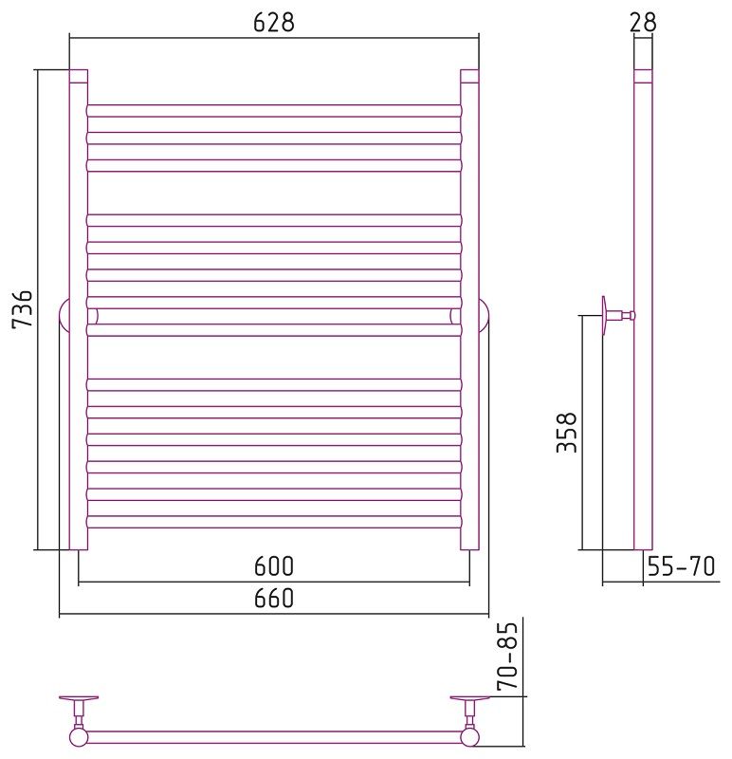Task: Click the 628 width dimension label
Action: pyautogui.click(x=274, y=22)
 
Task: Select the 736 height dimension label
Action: pyautogui.click(x=22, y=309)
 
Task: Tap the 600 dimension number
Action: pyautogui.click(x=274, y=565)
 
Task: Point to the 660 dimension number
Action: pyautogui.click(x=274, y=599)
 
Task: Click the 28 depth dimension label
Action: pyautogui.click(x=643, y=22)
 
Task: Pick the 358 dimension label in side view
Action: pyautogui.click(x=567, y=433)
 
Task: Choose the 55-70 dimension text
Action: pyautogui.click(x=681, y=565)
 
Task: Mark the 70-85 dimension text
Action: pyautogui.click(x=508, y=656)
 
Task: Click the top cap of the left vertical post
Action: pyautogui.click(x=79, y=77)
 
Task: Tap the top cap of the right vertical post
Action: pyautogui.click(x=469, y=77)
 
